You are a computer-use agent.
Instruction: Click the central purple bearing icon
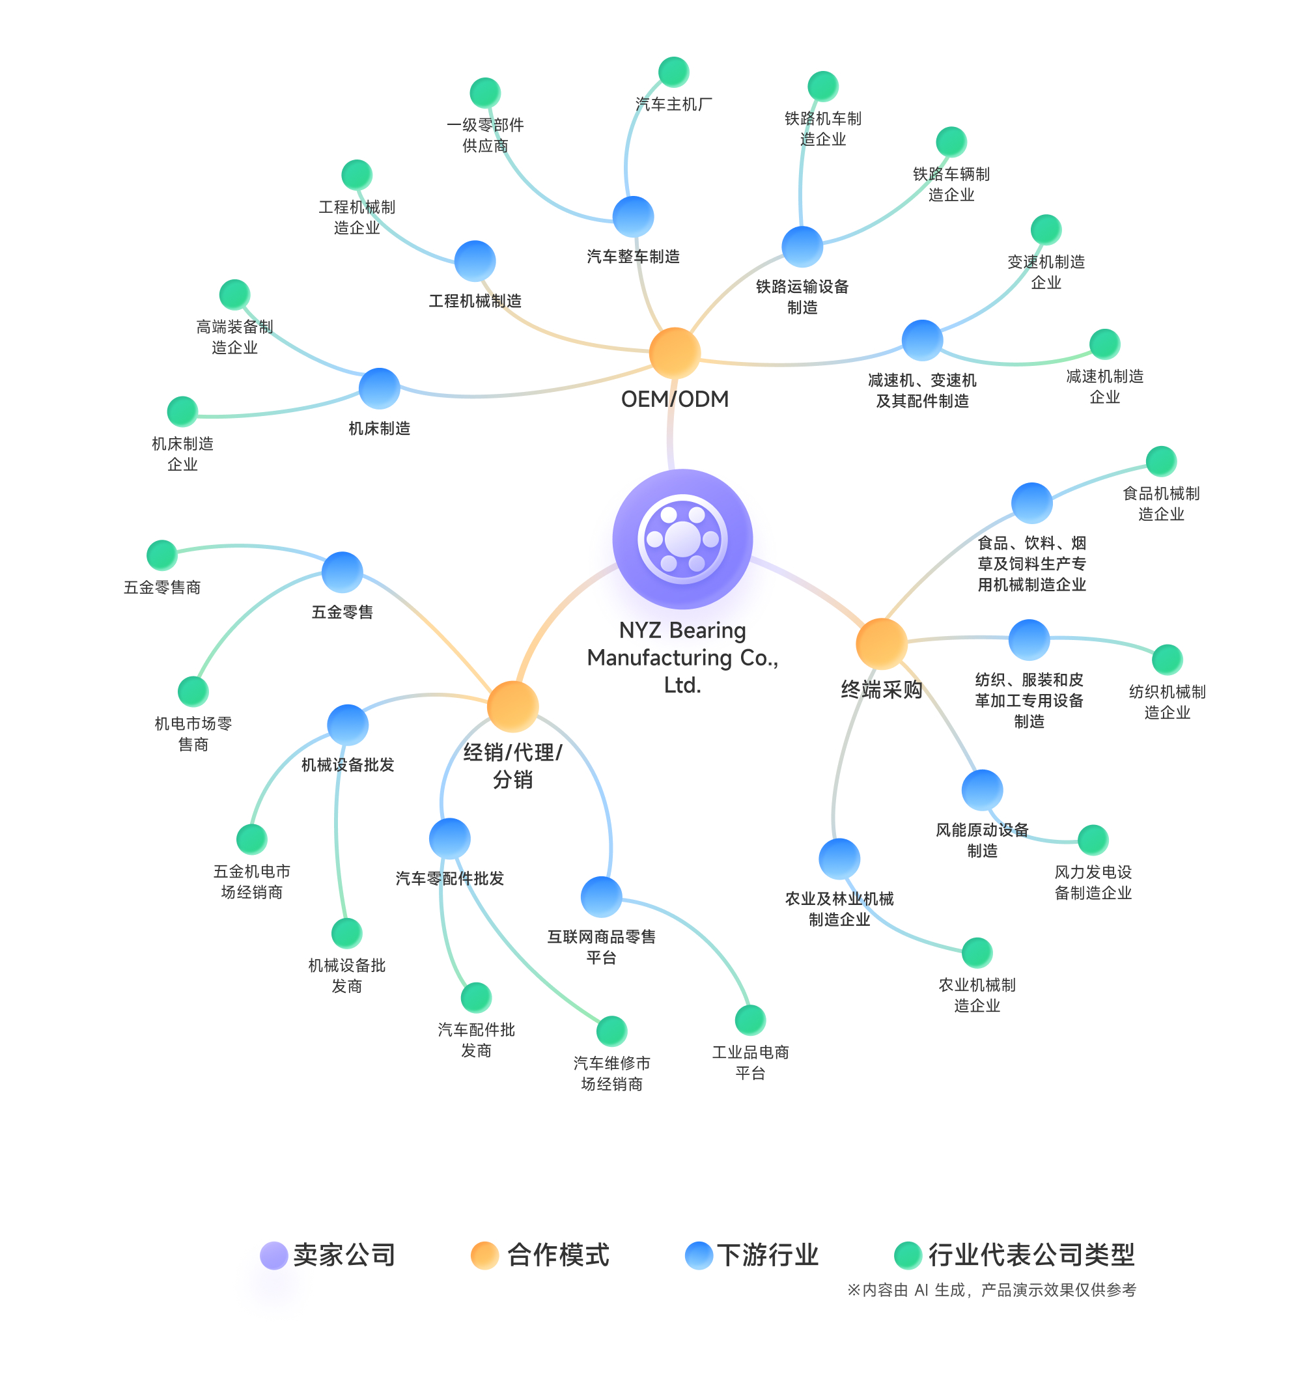[x=682, y=538]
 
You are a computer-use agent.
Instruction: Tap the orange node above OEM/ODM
[x=674, y=353]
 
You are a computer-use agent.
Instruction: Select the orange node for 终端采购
[x=881, y=643]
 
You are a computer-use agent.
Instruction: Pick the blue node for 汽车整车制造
[x=633, y=217]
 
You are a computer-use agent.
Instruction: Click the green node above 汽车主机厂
[x=673, y=72]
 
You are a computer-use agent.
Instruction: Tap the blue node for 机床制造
[x=379, y=388]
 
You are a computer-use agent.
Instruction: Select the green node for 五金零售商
[x=162, y=555]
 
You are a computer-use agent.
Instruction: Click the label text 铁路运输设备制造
[x=802, y=297]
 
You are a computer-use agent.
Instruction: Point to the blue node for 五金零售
[x=342, y=572]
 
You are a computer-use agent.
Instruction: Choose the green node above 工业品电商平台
[x=750, y=1020]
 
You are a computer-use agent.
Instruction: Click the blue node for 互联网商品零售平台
[x=601, y=897]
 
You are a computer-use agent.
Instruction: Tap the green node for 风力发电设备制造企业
[x=1092, y=840]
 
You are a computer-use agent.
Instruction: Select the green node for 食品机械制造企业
[x=1160, y=461]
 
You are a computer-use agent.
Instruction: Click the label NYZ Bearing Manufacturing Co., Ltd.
[x=682, y=658]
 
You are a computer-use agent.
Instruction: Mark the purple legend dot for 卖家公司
[x=273, y=1255]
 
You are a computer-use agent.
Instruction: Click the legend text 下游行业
[x=768, y=1255]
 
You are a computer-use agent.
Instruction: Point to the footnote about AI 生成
[x=990, y=1289]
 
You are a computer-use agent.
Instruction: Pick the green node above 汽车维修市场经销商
[x=611, y=1031]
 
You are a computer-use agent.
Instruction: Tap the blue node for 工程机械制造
[x=475, y=261]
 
